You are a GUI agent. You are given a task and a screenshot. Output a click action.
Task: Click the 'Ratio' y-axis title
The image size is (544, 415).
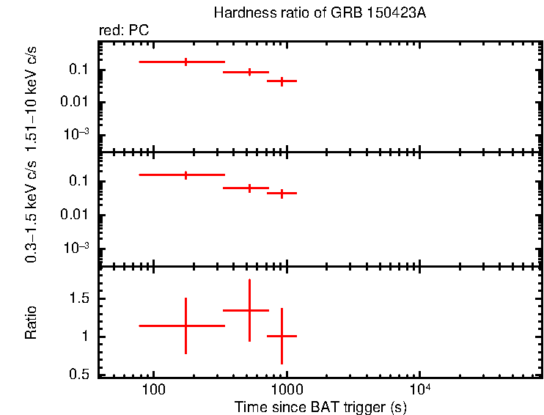pos(32,322)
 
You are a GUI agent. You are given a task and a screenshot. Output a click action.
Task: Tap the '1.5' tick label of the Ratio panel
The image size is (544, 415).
pos(81,298)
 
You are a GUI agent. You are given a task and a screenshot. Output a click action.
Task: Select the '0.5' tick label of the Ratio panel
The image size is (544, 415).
pos(81,375)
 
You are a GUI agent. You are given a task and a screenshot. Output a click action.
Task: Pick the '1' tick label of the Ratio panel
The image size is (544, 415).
pos(86,337)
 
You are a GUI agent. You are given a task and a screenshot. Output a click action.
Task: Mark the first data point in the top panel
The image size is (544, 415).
pos(185,62)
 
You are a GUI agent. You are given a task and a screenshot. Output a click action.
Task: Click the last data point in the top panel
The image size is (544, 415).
pos(281,81)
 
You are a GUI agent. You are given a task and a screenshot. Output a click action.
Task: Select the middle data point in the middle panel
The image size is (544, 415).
pos(249,188)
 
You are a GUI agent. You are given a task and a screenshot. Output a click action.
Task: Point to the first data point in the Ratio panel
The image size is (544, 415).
pos(185,326)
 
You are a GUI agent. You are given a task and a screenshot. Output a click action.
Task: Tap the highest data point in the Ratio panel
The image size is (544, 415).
pos(249,310)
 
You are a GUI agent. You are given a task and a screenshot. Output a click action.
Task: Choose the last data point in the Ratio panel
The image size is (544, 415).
pos(282,336)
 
